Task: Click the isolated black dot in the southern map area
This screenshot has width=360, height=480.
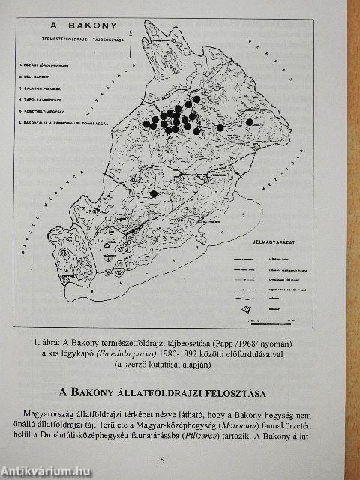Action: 154,193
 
